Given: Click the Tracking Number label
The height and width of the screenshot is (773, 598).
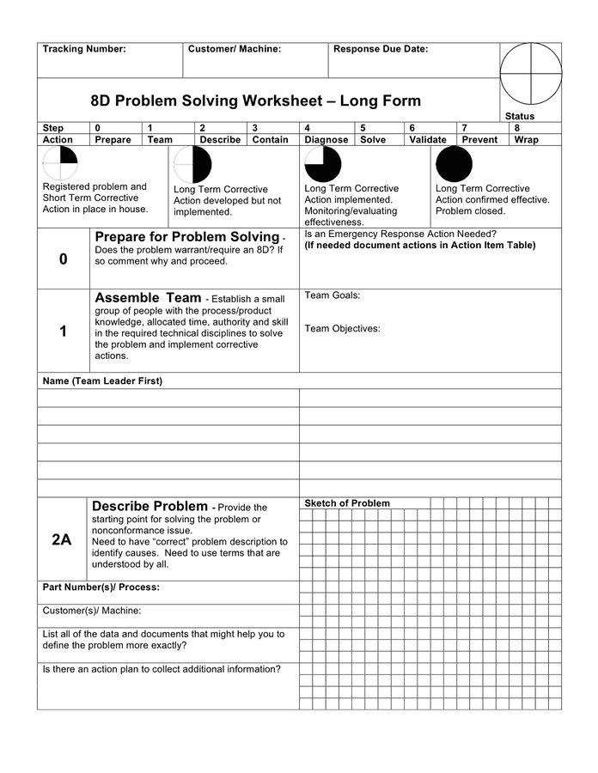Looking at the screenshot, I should point(84,49).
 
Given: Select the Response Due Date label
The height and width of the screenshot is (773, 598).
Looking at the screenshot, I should point(380,49).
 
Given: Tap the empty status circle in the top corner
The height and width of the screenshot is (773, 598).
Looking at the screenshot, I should point(530,73).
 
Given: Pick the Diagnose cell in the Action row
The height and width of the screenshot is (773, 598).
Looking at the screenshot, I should point(326,139).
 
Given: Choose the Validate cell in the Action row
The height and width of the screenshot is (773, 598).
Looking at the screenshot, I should point(428,139).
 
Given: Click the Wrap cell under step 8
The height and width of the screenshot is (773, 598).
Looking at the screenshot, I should point(526,139).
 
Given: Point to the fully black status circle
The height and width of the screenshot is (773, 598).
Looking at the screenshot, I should point(454,164).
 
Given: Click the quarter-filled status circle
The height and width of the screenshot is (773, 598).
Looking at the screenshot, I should point(60,163).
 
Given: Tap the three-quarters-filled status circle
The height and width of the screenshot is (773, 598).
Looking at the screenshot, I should point(323,164).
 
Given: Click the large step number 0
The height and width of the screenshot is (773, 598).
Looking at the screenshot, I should point(63,259).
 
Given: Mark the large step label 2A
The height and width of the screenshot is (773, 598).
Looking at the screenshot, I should point(62,539).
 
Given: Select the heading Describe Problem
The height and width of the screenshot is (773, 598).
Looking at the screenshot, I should point(149,507).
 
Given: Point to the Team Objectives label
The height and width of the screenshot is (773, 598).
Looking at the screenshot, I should point(342,328).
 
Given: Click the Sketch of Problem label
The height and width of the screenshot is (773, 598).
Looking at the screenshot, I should point(347,503).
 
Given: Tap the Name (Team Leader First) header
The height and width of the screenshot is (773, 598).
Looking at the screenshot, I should point(102,380).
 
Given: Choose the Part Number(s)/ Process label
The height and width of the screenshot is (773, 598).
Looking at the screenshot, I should point(101,587).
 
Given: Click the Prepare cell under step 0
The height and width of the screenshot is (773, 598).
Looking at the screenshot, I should point(113,139).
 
